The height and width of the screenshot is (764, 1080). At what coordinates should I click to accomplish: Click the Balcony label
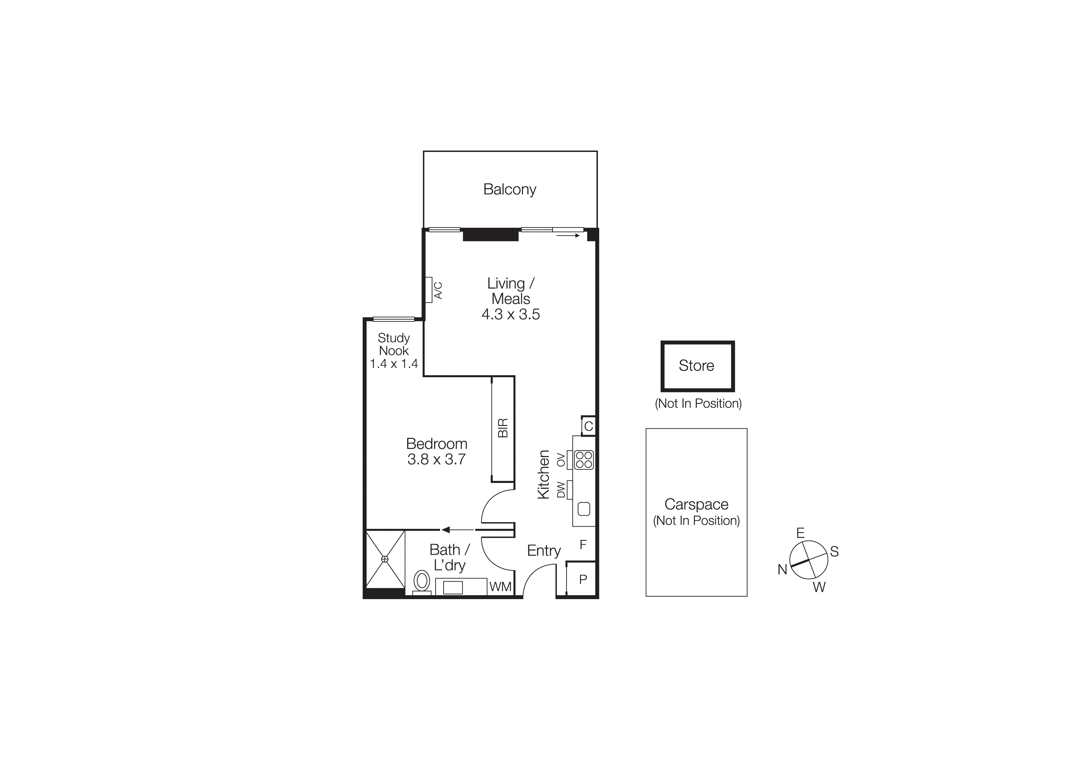pyautogui.click(x=510, y=189)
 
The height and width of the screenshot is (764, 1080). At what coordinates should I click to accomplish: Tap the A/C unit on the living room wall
pyautogui.click(x=429, y=289)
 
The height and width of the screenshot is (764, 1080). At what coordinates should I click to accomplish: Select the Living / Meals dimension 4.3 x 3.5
pyautogui.click(x=510, y=314)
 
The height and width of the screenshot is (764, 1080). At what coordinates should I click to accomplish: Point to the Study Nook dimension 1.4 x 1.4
pyautogui.click(x=394, y=364)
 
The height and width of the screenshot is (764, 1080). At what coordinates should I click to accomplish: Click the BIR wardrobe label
pyautogui.click(x=503, y=428)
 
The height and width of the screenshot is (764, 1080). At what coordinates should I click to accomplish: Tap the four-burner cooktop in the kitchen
pyautogui.click(x=584, y=460)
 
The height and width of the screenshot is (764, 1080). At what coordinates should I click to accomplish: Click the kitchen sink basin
pyautogui.click(x=584, y=509)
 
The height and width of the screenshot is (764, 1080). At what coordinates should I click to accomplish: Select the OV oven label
pyautogui.click(x=561, y=460)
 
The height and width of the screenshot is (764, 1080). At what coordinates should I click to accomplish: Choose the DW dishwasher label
pyautogui.click(x=561, y=490)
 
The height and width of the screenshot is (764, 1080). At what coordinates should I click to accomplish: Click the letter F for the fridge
pyautogui.click(x=583, y=545)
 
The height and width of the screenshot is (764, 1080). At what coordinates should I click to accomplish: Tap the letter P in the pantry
pyautogui.click(x=583, y=579)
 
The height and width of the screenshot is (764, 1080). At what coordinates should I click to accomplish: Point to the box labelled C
pyautogui.click(x=588, y=427)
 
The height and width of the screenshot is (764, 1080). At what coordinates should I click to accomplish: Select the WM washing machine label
pyautogui.click(x=500, y=587)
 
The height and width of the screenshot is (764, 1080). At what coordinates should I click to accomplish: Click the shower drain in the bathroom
pyautogui.click(x=385, y=559)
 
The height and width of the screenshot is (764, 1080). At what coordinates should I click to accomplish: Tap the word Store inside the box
pyautogui.click(x=696, y=366)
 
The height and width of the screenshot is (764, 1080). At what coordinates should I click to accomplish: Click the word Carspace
pyautogui.click(x=696, y=504)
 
